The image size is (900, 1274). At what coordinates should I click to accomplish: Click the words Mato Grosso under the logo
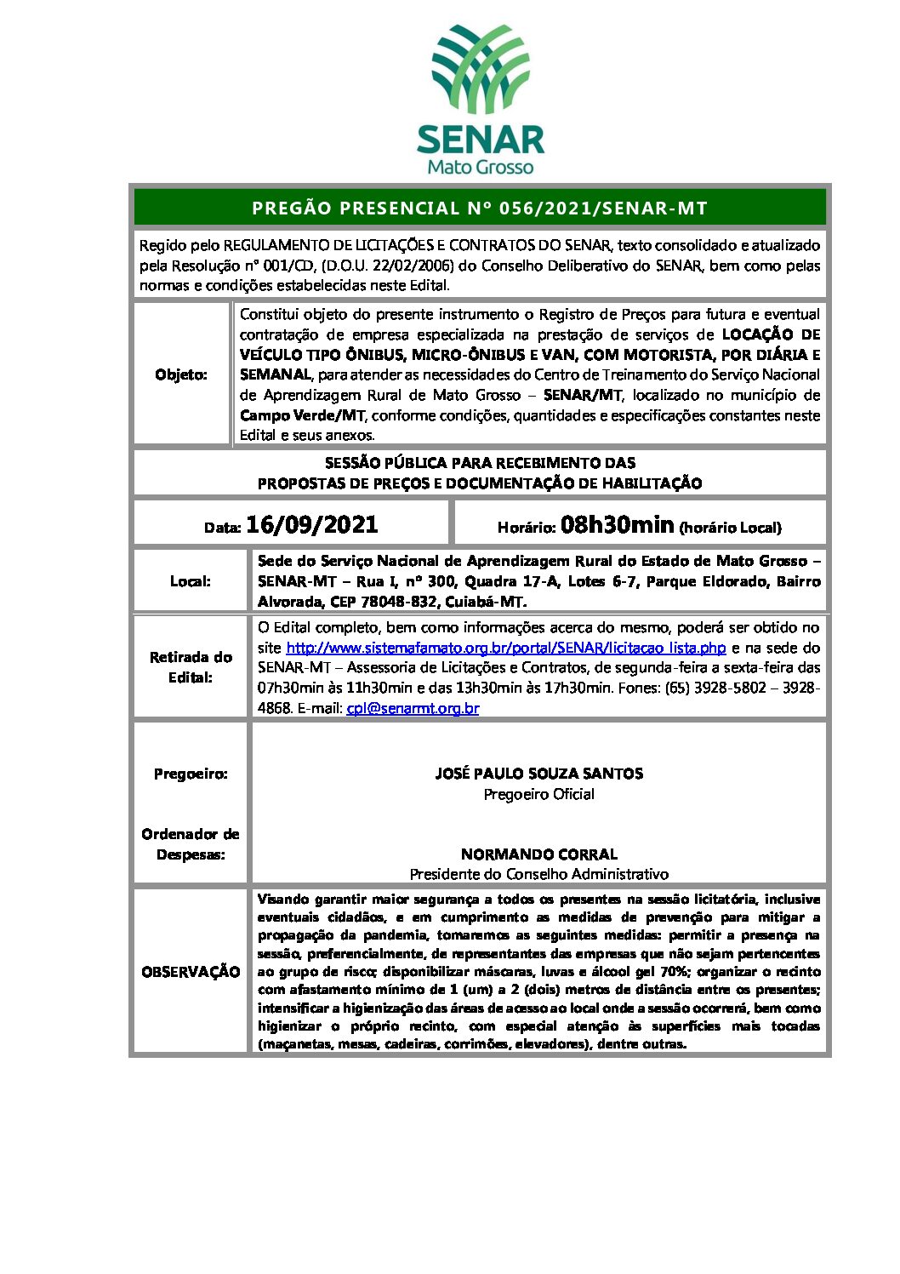pos(481,167)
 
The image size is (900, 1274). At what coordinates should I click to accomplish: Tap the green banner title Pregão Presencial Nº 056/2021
pos(480,209)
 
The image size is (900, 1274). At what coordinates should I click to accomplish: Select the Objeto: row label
pos(181,374)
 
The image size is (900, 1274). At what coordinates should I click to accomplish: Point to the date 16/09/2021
pos(311,525)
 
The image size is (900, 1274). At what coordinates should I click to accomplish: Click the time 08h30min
pos(618,525)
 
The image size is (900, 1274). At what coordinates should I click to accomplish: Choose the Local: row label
pos(191,581)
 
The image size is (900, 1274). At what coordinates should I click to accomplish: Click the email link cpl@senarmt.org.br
pos(413,708)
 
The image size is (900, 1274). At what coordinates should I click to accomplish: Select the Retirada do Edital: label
pos(191,667)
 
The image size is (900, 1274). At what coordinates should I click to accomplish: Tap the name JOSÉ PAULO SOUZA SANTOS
pos(538,774)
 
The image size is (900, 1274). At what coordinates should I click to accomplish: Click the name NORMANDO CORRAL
pos(538,854)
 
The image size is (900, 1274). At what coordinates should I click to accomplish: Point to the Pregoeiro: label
pos(191,774)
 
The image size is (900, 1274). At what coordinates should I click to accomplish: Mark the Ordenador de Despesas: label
pos(191,844)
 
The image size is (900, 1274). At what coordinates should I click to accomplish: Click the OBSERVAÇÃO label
pos(191,972)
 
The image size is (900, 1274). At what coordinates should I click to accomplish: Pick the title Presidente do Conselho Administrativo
pos(538,874)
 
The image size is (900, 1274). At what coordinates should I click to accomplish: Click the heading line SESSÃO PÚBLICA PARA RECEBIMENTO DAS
pos(480,463)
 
